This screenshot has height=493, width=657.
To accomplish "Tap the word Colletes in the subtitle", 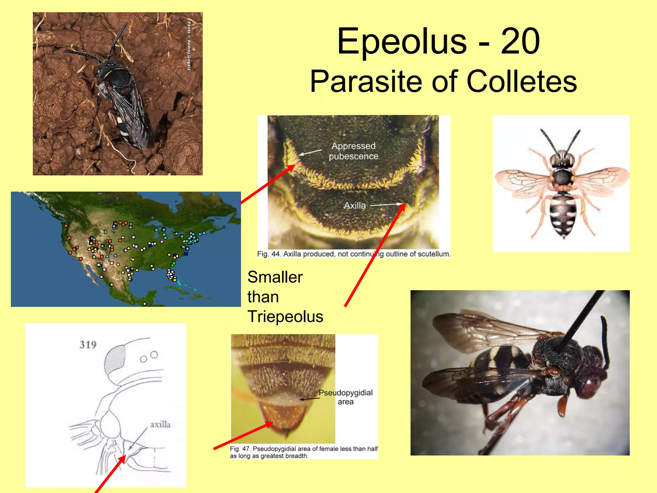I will pos(522,82).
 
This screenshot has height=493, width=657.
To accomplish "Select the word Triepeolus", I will pos(285,317).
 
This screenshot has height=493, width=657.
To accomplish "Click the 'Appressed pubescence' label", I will pos(353,151).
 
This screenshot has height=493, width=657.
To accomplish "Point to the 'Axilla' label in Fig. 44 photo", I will pos(354,205).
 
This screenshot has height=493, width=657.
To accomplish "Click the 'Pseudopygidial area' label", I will pos(346,397).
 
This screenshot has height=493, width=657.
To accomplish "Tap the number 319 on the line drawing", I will pos(88,345).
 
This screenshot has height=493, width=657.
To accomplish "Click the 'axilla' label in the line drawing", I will pos(160,425).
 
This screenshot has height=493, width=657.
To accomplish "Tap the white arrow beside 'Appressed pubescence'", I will pos(310,152).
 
